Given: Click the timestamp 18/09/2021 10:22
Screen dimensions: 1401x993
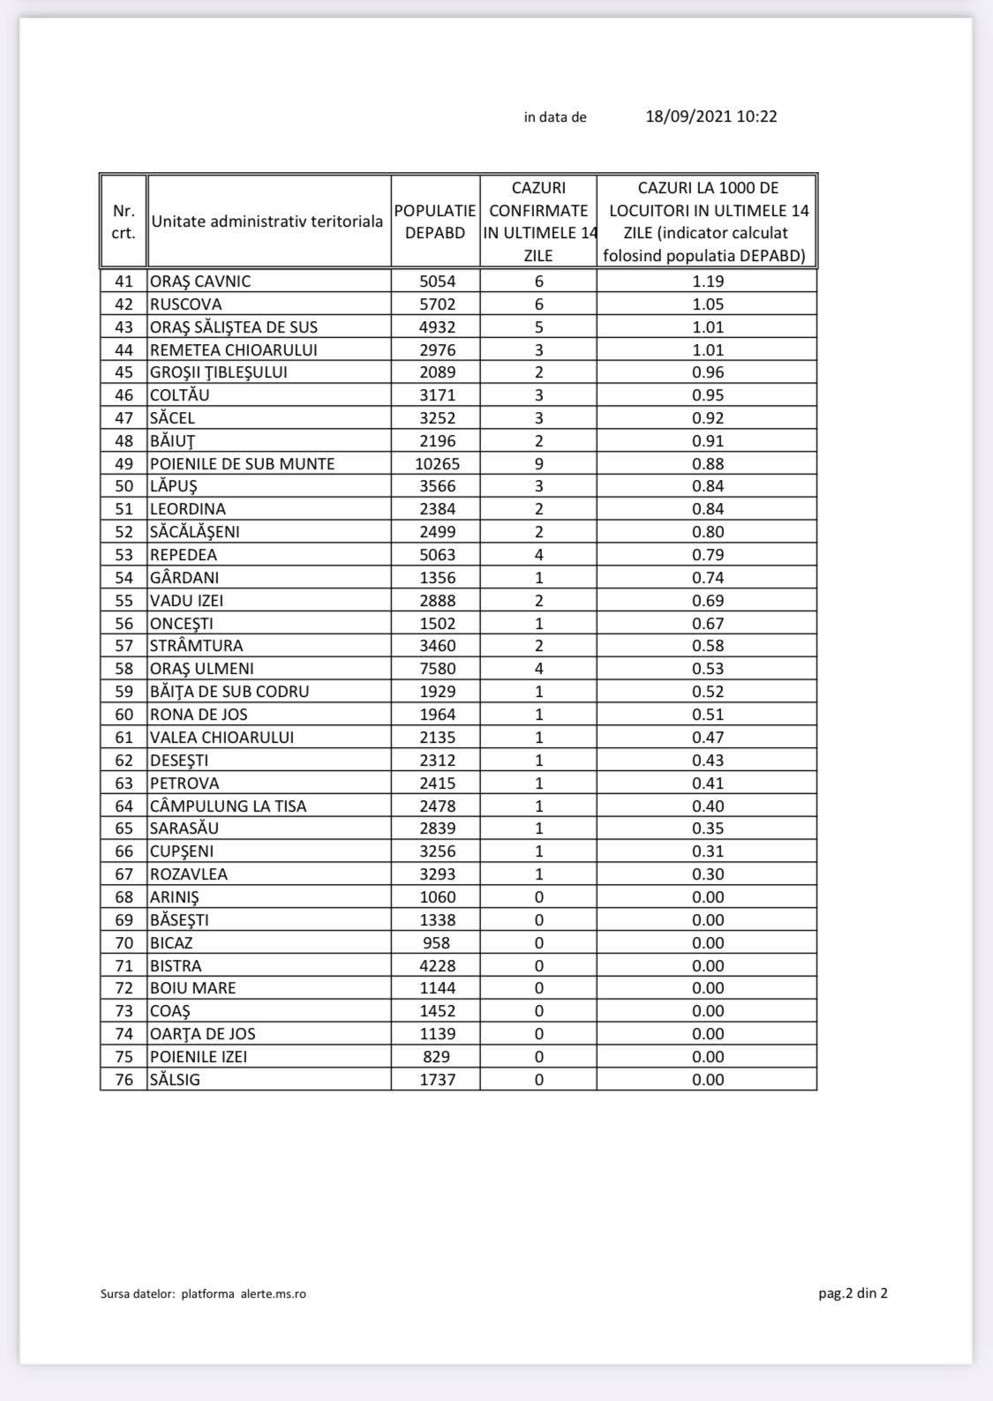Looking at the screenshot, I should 711,116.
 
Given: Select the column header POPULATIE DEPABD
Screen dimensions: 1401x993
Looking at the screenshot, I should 435,221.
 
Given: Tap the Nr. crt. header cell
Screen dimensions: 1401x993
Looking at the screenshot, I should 124,221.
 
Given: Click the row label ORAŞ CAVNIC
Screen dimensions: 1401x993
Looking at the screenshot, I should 200,281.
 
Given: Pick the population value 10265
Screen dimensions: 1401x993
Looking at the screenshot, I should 437,464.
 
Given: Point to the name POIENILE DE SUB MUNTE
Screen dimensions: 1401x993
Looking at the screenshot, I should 243,464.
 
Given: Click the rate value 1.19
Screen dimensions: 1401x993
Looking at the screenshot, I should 708,281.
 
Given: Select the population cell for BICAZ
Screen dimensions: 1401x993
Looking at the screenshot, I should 437,943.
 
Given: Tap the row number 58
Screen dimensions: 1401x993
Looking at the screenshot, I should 124,669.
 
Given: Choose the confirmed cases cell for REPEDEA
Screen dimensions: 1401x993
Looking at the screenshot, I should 538,555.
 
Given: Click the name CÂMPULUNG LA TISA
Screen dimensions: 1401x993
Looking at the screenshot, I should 229,806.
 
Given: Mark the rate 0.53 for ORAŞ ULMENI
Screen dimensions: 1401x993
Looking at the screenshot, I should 708,669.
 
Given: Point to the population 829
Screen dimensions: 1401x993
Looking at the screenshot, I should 437,1057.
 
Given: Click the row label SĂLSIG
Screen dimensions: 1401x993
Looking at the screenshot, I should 175,1080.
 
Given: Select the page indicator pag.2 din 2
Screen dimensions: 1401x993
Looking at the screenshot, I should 853,1293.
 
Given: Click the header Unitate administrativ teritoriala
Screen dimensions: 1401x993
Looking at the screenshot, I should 267,221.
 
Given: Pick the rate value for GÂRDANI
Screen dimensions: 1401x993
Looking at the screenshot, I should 708,578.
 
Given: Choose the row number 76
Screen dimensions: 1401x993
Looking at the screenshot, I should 124,1080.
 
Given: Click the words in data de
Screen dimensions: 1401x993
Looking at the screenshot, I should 555,117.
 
